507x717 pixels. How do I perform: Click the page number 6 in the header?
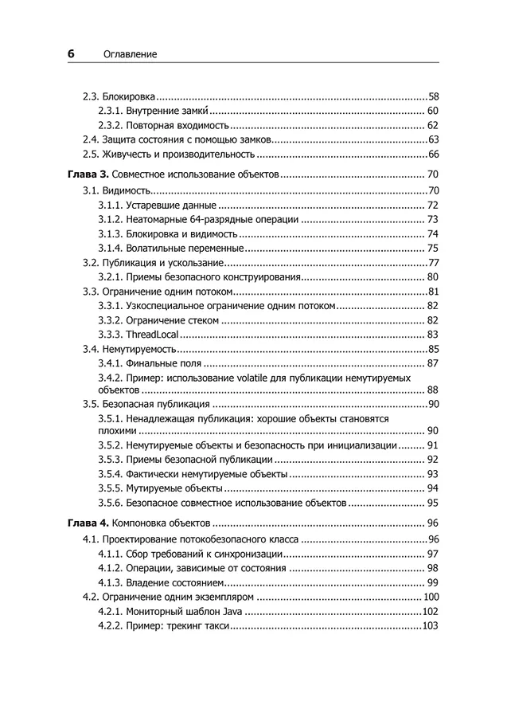[71, 53]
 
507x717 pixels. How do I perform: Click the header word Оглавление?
[131, 54]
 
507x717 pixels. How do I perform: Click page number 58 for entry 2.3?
[434, 96]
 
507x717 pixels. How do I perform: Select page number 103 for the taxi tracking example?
[431, 626]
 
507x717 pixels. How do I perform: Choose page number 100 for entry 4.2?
[431, 597]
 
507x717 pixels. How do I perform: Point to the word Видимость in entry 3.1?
[127, 190]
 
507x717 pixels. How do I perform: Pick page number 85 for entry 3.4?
[434, 349]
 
